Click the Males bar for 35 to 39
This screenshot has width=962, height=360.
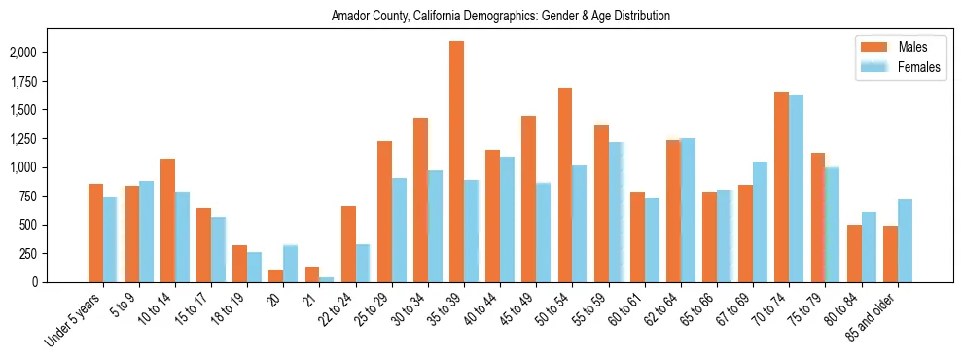[456, 162]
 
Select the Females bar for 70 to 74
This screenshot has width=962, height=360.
[796, 189]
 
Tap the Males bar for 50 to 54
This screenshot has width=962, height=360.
[565, 185]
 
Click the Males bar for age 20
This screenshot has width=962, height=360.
[276, 275]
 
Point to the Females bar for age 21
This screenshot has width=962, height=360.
[327, 279]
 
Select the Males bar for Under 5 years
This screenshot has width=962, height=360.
[95, 234]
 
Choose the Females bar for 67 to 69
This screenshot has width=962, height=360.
[760, 222]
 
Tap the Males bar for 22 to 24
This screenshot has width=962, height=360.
[348, 244]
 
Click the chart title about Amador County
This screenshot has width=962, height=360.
[500, 17]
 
